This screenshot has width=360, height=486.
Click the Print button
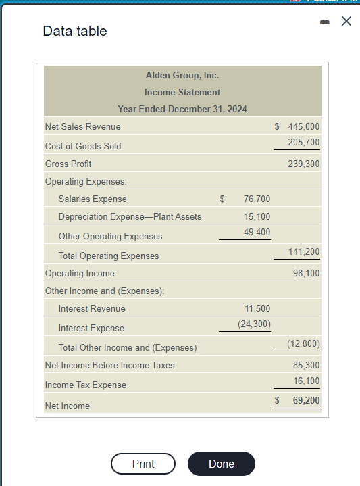coord(143,464)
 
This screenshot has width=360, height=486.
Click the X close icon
coord(346,22)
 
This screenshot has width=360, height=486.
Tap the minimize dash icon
coord(325,22)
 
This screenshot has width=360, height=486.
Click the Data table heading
coord(74,31)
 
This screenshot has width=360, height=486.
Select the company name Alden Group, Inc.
coord(182,75)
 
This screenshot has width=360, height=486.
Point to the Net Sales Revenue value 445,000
coord(303,126)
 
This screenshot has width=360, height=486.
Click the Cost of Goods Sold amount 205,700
coord(303,142)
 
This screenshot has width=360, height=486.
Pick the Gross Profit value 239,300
coord(303,164)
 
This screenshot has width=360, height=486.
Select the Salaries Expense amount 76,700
coord(257,199)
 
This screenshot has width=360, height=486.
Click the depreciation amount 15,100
coord(257,216)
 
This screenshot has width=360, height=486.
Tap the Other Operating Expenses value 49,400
coord(257,232)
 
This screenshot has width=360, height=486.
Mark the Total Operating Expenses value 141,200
coord(303,251)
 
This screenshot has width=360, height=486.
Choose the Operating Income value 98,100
coord(306,273)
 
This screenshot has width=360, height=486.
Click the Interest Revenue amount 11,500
coord(257,308)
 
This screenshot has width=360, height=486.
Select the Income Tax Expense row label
coord(85,385)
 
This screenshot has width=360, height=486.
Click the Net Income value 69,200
coord(306,400)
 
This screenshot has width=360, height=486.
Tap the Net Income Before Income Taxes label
coord(109,365)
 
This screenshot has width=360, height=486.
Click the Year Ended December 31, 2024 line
coord(182,109)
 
